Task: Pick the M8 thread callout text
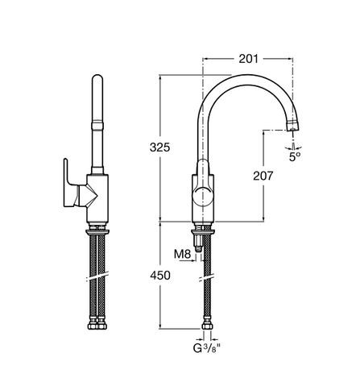tap(182, 255)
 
